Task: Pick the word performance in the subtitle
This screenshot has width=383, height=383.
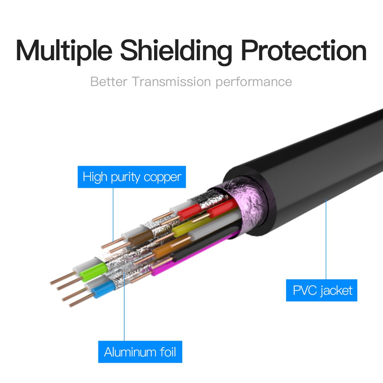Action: point(254,81)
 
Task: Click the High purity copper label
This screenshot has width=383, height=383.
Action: point(132,177)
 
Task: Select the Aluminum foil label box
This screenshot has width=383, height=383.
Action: point(140,352)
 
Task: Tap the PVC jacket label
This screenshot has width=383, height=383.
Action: point(322,290)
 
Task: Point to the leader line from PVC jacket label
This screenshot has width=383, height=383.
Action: point(326,239)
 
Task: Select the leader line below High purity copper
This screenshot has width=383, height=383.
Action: point(113,213)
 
